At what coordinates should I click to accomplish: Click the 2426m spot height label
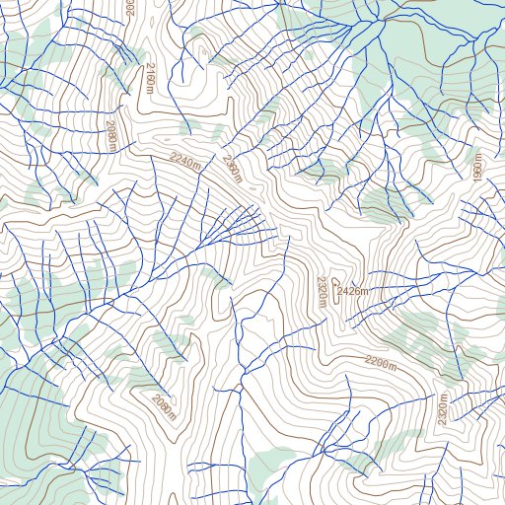[x=353, y=291]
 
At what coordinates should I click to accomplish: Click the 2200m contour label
[x=380, y=362]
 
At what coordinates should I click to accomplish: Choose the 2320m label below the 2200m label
[x=443, y=409]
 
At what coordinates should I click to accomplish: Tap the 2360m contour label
[x=232, y=167]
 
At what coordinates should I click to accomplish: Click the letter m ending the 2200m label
[x=392, y=366]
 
